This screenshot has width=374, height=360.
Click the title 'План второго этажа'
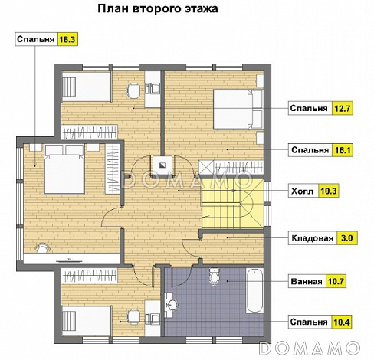point(157,10)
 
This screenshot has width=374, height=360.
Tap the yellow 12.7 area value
point(342,108)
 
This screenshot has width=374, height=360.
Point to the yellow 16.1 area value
point(342,151)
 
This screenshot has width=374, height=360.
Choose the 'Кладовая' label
point(311,238)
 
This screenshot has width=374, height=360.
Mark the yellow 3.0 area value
point(346,238)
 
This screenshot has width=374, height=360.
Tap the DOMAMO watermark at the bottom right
point(314,349)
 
